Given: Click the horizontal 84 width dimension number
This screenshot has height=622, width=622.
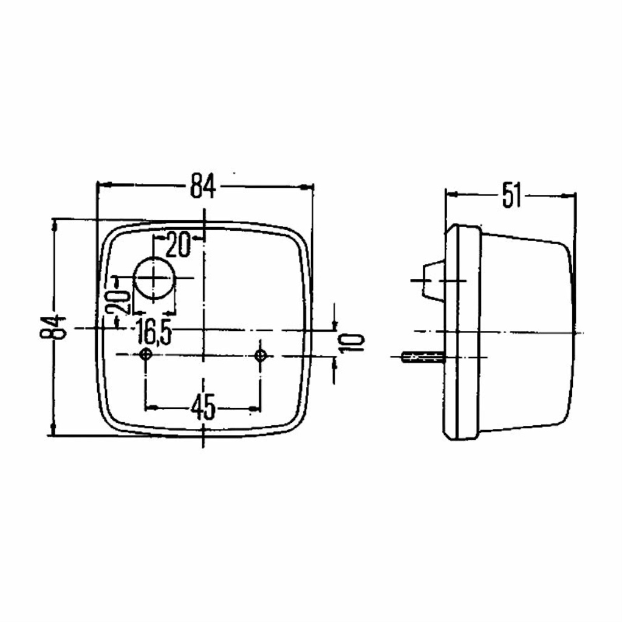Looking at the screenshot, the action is pos(203,185).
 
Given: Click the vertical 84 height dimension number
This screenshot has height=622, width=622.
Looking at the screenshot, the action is pos(52,327).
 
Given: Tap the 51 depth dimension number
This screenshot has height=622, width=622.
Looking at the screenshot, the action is pos(511,195).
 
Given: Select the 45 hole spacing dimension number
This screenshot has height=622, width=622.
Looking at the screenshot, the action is pos(203,407).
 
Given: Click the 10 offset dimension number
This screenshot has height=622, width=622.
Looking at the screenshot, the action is pos(352,343).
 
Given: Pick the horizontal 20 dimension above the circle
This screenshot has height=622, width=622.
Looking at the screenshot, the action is pos(178,244).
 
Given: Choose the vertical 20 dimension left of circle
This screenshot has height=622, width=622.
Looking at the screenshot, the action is pos(122,301).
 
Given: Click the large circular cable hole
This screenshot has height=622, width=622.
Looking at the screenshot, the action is pos(155,278).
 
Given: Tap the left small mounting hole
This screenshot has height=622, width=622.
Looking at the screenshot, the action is pos(146,354).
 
